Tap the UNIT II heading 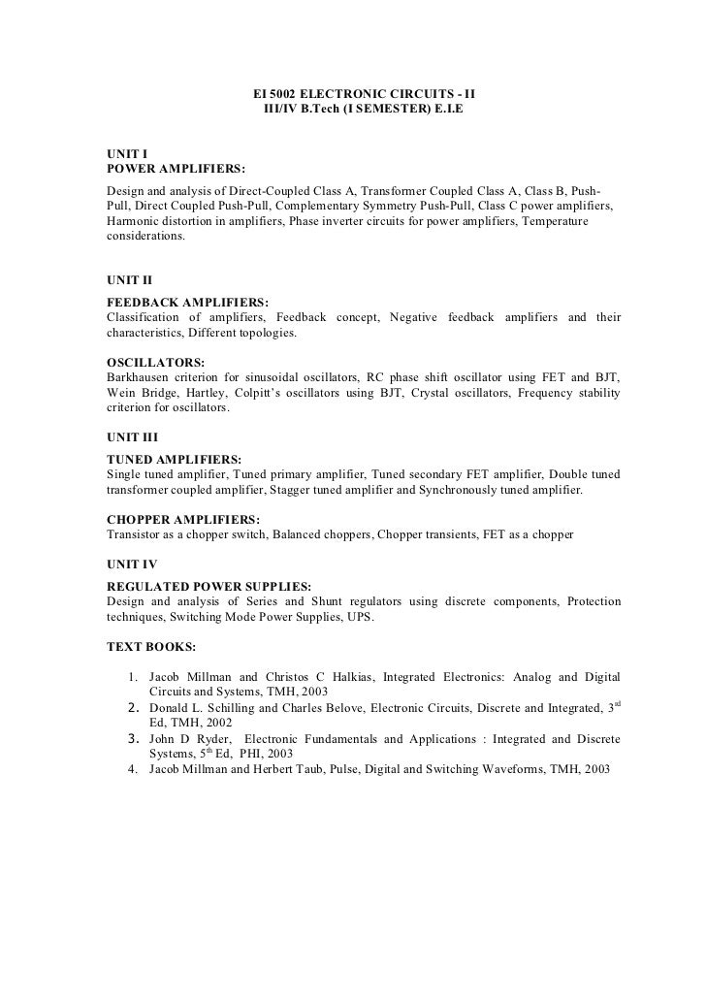tap(129, 279)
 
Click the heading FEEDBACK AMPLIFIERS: tap(185, 303)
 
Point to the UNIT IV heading tap(131, 564)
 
